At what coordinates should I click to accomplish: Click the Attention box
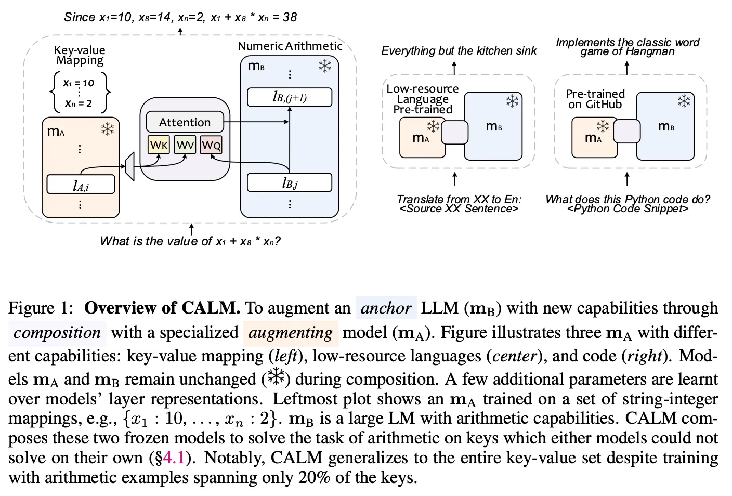[x=185, y=122]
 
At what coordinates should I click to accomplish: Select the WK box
[x=159, y=145]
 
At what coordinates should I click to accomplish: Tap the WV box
[x=185, y=145]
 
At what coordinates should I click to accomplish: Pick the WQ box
[x=211, y=145]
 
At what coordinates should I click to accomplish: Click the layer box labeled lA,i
[x=81, y=185]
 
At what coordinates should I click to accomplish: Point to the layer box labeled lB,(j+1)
[x=289, y=97]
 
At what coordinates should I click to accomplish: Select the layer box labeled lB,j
[x=289, y=182]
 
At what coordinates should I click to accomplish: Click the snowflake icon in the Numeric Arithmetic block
[x=325, y=66]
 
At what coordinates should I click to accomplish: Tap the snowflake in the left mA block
[x=108, y=129]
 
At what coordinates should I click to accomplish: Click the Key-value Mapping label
[x=80, y=55]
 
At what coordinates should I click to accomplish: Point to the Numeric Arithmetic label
[x=290, y=46]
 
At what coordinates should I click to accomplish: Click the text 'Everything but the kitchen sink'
[x=459, y=50]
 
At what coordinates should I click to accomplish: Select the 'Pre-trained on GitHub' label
[x=595, y=99]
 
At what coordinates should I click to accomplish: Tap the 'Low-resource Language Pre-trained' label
[x=423, y=99]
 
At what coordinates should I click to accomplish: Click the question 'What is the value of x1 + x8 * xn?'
[x=190, y=241]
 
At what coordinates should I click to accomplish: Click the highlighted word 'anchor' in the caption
[x=386, y=308]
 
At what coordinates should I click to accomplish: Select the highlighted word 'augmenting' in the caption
[x=290, y=332]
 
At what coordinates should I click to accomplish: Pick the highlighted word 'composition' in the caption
[x=57, y=332]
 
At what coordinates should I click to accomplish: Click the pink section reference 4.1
[x=174, y=458]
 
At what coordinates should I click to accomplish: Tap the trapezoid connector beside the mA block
[x=130, y=166]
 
